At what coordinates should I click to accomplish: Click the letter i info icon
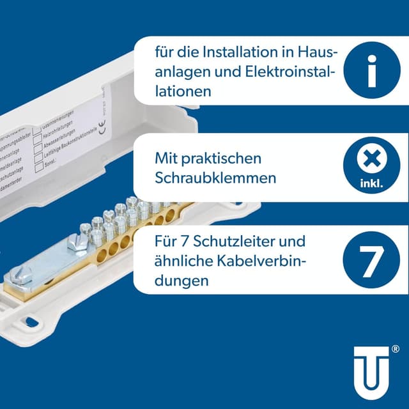tap(371, 70)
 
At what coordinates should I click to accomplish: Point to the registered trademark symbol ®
tap(396, 349)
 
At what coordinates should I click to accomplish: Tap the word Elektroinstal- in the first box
tap(284, 72)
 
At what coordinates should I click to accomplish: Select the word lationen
tap(183, 91)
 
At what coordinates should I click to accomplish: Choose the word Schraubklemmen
tap(216, 177)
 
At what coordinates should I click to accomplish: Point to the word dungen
tap(182, 280)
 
